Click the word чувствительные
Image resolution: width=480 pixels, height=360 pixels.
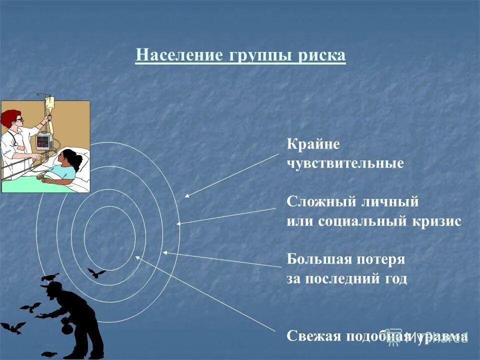click(x=345, y=164)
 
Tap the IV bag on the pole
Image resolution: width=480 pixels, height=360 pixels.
click(x=49, y=105)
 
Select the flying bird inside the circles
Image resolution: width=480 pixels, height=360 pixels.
click(x=96, y=273)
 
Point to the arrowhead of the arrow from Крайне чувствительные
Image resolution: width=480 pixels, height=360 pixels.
click(x=186, y=196)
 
